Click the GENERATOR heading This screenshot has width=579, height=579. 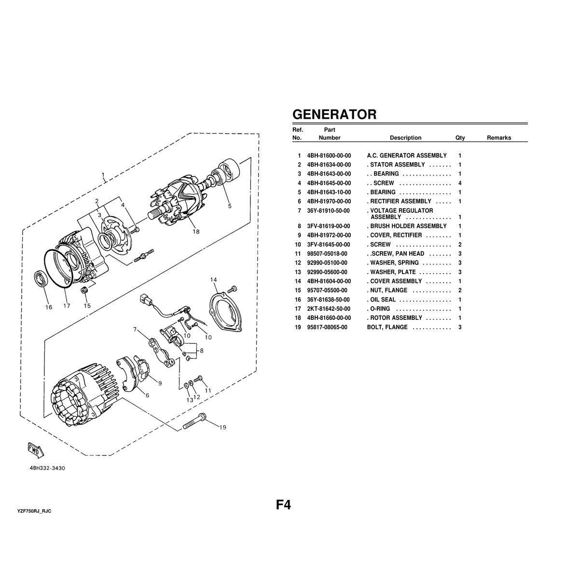coord(334,114)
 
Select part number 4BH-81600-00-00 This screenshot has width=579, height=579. coord(329,156)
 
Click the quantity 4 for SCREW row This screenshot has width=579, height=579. coord(460,183)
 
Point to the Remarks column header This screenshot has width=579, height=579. coord(498,138)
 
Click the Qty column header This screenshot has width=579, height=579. coord(460,138)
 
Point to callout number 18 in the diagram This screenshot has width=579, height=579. coord(195,232)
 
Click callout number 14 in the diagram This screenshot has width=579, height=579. coord(214,279)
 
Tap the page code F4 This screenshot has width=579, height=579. coord(283,505)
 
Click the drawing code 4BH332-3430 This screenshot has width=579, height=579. coord(47,468)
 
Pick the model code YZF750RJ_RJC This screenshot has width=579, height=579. coord(34,510)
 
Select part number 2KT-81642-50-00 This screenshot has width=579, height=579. coord(329,309)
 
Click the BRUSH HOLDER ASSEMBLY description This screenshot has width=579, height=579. coord(408,226)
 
